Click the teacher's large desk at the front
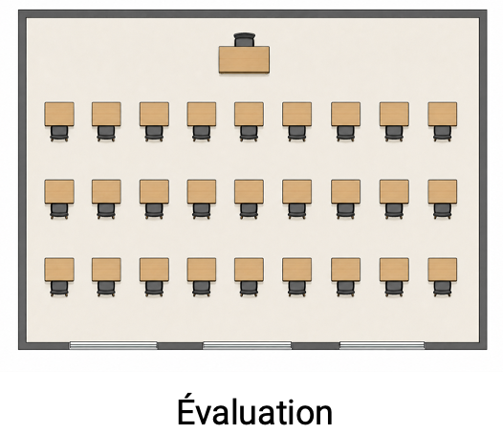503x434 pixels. (x=244, y=59)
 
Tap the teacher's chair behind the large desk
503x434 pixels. (x=245, y=40)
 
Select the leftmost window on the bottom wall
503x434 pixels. (x=113, y=345)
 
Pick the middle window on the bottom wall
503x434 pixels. (x=247, y=345)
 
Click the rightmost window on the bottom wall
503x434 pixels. (x=382, y=345)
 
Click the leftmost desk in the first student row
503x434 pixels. (x=59, y=114)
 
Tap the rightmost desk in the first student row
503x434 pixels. (x=443, y=114)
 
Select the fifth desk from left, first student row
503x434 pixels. (x=249, y=114)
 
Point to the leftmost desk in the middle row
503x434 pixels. (x=59, y=191)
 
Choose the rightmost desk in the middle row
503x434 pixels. (x=443, y=191)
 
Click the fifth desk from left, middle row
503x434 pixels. (x=249, y=191)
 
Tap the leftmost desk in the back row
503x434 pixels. (x=59, y=270)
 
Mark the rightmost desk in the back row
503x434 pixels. (x=443, y=270)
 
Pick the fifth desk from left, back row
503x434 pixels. (x=249, y=270)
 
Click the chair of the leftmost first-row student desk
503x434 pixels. (x=59, y=134)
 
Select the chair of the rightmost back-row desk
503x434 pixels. (x=443, y=289)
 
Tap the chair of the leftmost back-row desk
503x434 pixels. (x=59, y=289)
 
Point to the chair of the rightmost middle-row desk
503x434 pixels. (x=443, y=211)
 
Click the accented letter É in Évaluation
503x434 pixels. (x=187, y=408)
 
